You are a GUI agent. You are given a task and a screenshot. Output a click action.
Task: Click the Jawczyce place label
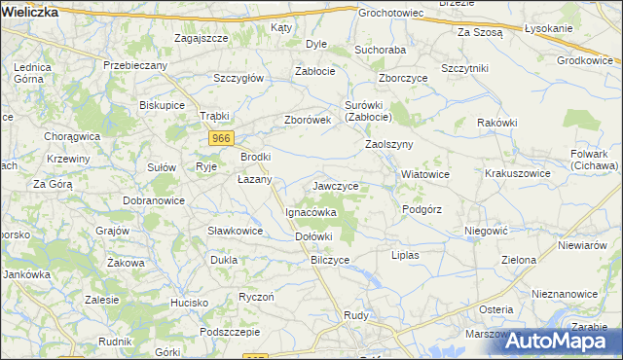pyautogui.click(x=335, y=185)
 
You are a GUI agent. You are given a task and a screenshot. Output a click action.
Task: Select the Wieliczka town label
pyautogui.click(x=30, y=13)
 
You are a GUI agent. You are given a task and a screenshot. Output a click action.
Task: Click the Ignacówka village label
pyautogui.click(x=311, y=211)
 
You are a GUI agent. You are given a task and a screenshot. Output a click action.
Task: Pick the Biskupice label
pyautogui.click(x=163, y=104)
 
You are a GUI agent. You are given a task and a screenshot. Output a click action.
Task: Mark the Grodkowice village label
pyautogui.click(x=588, y=60)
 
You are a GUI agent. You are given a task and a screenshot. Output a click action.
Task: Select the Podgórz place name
pyautogui.click(x=421, y=209)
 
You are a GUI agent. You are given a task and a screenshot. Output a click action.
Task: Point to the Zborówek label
pyautogui.click(x=309, y=120)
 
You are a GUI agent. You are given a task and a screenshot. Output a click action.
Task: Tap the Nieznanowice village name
pyautogui.click(x=565, y=293)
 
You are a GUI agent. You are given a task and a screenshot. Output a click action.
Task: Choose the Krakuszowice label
pyautogui.click(x=518, y=173)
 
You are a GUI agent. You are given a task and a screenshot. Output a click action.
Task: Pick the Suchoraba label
pyautogui.click(x=380, y=48)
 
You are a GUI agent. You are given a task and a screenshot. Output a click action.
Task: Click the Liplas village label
pyautogui.click(x=404, y=254)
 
